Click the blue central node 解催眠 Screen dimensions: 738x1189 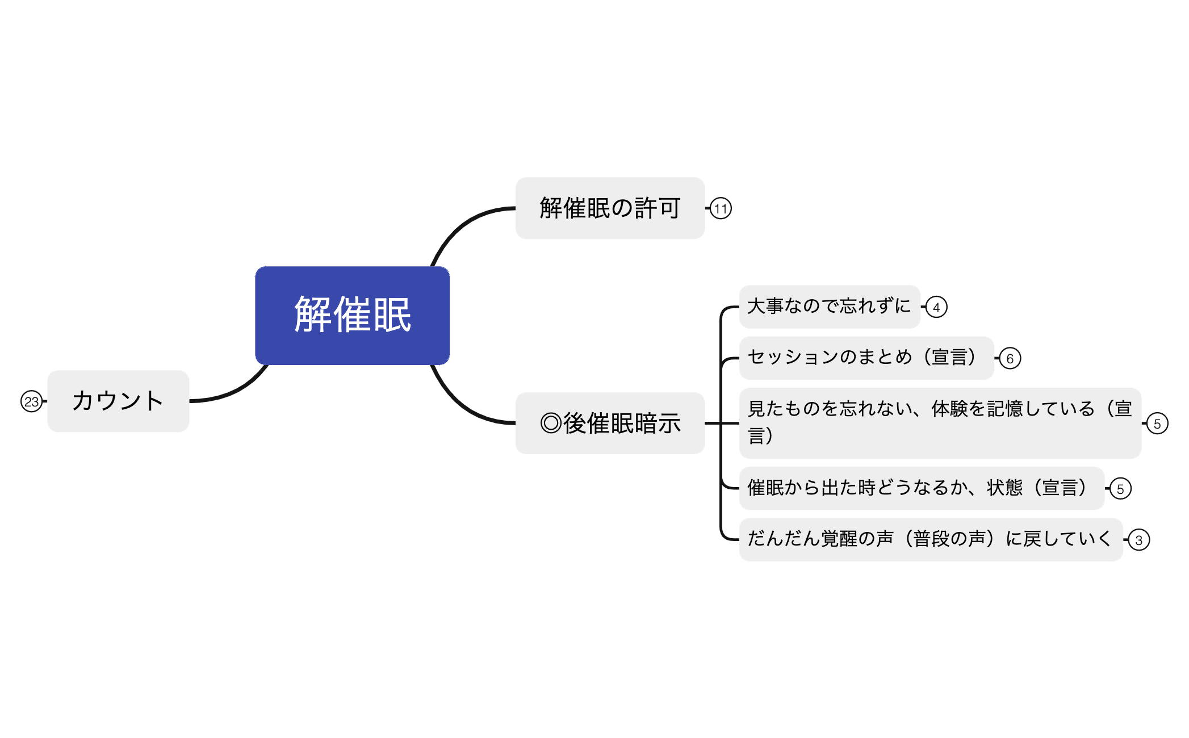352,315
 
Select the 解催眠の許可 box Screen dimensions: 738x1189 610,208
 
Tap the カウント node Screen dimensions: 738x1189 118,401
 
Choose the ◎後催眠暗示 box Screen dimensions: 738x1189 610,423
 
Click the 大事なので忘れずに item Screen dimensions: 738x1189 829,307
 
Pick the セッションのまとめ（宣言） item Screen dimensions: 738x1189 866,358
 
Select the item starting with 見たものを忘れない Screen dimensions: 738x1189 940,422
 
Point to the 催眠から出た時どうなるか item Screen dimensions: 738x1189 921,488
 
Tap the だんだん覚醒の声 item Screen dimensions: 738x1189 930,539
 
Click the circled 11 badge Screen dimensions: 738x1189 721,208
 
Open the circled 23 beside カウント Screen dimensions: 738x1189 31,401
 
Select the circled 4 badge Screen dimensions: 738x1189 936,307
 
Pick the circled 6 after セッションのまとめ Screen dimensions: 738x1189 1010,358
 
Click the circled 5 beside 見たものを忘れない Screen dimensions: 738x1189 1157,423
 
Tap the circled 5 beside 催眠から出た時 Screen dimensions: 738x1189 1120,488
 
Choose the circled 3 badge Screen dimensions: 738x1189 1138,539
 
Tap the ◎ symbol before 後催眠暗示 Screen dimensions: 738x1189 551,423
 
